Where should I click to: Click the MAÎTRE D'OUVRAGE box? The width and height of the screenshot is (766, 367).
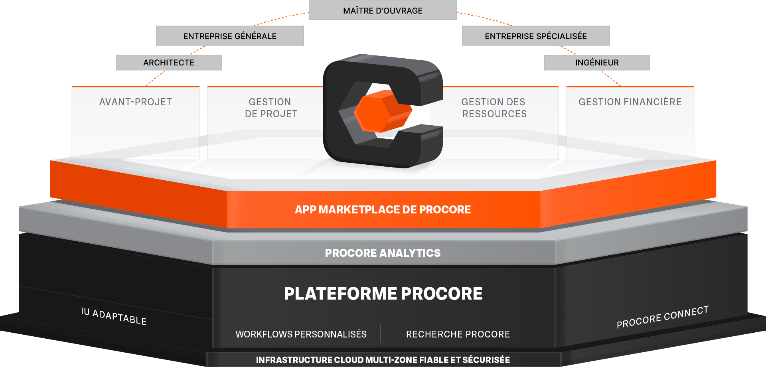click(383, 11)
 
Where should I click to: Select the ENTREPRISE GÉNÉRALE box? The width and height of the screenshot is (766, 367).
click(230, 36)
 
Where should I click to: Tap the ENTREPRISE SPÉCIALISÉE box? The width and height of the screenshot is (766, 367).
click(536, 36)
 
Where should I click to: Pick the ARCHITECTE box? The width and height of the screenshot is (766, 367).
click(169, 63)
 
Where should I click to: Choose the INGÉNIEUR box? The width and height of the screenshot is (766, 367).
click(597, 63)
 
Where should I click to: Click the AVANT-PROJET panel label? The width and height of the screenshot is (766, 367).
click(136, 102)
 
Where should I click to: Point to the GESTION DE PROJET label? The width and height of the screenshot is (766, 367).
click(271, 108)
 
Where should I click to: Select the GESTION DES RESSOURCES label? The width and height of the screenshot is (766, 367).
click(494, 108)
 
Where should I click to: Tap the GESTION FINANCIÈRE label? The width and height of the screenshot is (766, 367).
click(630, 102)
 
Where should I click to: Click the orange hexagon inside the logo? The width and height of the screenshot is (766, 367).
click(382, 111)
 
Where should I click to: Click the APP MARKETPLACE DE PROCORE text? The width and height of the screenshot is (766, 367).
click(383, 210)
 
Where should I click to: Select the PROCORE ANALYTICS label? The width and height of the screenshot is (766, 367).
click(383, 253)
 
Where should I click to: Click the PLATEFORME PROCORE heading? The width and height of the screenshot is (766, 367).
click(383, 294)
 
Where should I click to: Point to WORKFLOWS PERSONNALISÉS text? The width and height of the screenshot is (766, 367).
click(301, 334)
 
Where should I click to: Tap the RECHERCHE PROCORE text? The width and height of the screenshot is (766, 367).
click(458, 334)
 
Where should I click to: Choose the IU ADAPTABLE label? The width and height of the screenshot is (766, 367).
click(114, 316)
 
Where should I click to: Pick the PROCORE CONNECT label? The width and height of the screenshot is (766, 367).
click(662, 317)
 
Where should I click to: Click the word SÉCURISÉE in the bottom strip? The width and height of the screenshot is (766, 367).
click(486, 360)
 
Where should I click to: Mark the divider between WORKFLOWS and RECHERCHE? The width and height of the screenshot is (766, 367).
click(380, 333)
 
